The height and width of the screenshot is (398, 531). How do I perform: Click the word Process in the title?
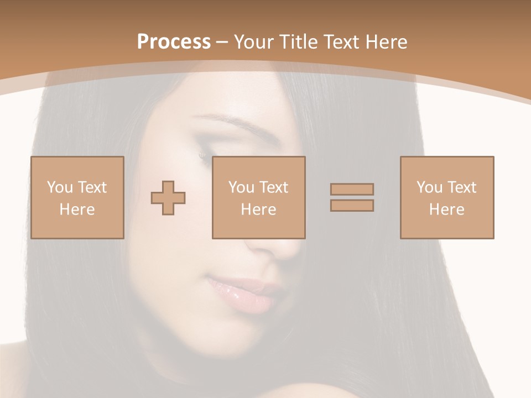[174, 41]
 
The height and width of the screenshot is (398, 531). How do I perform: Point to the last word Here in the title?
[387, 41]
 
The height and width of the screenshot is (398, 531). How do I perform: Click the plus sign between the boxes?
[168, 198]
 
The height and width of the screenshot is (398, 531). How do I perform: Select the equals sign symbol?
[352, 197]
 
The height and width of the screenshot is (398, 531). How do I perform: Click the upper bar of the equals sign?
[352, 189]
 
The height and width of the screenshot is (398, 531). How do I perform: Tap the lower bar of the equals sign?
[352, 206]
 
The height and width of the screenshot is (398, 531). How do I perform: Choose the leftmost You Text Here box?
[77, 197]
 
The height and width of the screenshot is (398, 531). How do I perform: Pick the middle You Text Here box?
[258, 197]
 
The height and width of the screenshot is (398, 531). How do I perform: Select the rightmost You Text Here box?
[446, 197]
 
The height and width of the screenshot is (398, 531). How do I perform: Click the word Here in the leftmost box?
[77, 209]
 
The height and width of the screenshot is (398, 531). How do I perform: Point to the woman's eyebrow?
[218, 120]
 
